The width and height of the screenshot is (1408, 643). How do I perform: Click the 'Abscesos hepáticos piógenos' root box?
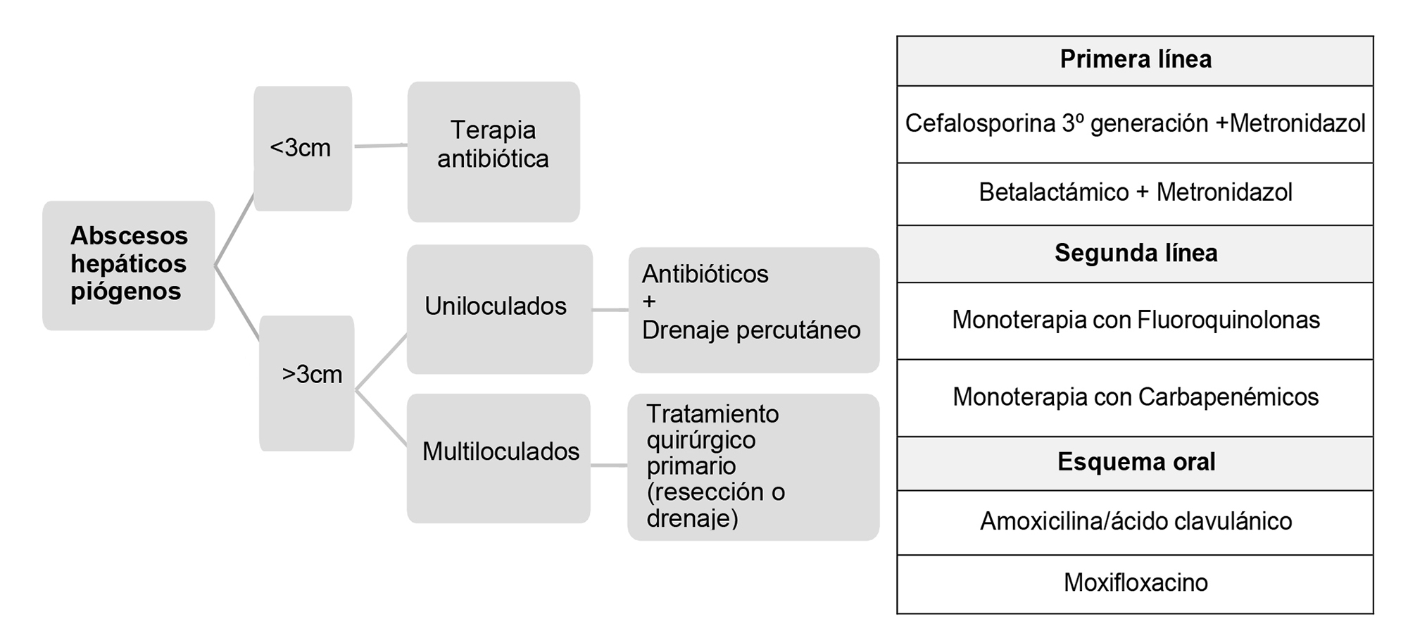(x=128, y=266)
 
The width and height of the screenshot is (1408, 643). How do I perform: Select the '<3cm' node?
(x=303, y=149)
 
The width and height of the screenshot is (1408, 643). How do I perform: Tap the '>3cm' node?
(x=307, y=383)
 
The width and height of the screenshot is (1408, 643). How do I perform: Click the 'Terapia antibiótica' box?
(x=494, y=151)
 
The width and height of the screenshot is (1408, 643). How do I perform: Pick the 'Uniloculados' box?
(x=500, y=309)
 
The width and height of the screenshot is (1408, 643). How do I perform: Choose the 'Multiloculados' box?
(x=498, y=458)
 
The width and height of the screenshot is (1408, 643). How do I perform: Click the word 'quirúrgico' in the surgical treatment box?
(x=701, y=441)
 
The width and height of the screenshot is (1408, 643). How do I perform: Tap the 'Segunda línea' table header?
(x=1135, y=254)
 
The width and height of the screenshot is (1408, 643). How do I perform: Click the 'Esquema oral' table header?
(x=1135, y=463)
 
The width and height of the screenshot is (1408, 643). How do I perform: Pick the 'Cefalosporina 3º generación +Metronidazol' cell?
(x=1135, y=125)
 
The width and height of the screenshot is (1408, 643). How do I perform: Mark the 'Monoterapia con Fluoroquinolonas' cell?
(x=1135, y=321)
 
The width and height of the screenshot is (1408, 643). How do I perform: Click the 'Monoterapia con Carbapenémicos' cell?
(x=1135, y=398)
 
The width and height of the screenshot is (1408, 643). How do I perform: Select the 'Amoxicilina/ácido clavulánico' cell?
(x=1135, y=523)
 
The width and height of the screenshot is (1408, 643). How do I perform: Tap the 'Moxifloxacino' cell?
(x=1135, y=584)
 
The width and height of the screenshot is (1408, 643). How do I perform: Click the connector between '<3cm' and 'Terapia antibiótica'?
(x=380, y=146)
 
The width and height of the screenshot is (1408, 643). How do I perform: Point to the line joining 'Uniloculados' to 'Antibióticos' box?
(x=610, y=310)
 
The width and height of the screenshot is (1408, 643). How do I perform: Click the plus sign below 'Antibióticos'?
(x=649, y=302)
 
